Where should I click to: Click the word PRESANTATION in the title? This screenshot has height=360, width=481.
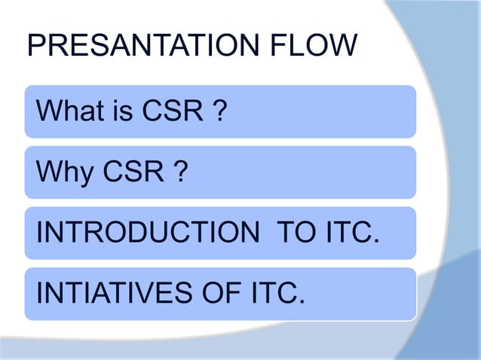pos(141,47)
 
